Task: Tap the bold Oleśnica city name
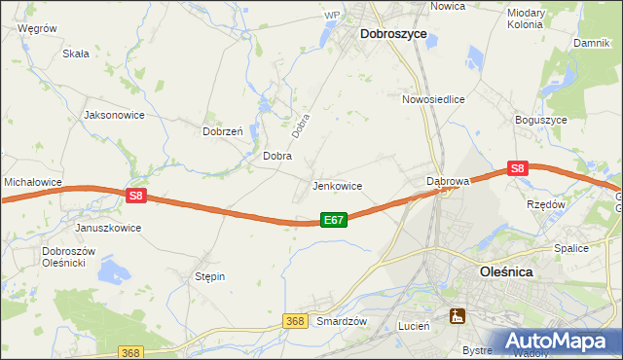(x=519, y=273)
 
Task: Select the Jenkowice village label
(x=337, y=186)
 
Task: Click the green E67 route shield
(x=333, y=221)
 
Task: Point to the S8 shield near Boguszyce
(x=517, y=168)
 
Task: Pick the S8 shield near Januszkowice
(x=136, y=196)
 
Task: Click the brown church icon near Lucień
(x=457, y=315)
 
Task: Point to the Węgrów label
(x=36, y=29)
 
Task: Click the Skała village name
(x=76, y=54)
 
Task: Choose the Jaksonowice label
(x=115, y=115)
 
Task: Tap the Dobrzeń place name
(x=222, y=131)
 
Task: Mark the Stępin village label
(x=210, y=276)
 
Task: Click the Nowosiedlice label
(x=433, y=99)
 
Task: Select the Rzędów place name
(x=546, y=205)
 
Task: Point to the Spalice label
(x=571, y=248)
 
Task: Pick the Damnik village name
(x=591, y=44)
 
